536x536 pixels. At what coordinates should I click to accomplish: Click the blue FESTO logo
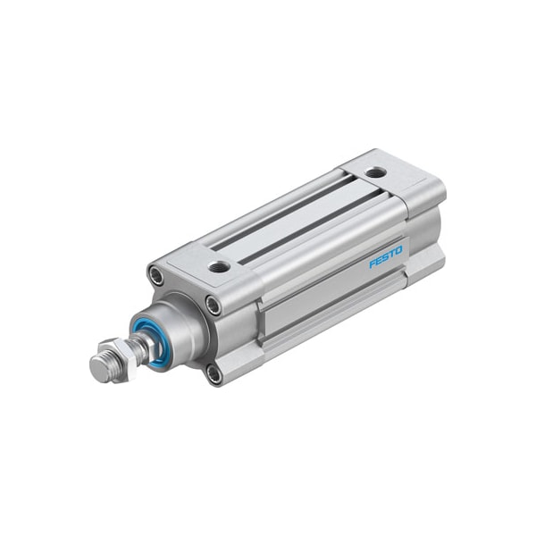(386, 256)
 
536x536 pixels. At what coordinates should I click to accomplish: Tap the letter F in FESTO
(373, 264)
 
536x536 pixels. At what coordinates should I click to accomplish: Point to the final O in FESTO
(399, 250)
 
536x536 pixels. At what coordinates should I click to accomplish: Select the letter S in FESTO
(386, 257)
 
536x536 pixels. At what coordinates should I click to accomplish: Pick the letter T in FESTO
(392, 254)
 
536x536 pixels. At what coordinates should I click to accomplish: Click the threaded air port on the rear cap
(377, 172)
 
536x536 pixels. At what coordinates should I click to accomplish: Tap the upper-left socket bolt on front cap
(157, 276)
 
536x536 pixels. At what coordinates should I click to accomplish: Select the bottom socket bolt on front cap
(214, 373)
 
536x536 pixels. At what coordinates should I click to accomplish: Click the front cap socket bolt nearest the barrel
(214, 306)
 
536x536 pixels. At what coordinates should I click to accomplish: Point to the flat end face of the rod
(98, 369)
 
